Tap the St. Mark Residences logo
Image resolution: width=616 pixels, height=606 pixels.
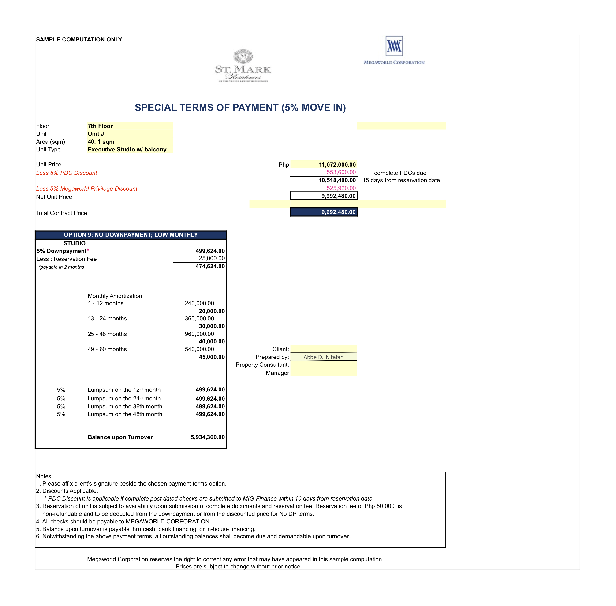(x=243, y=66)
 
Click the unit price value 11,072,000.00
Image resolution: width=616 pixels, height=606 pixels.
(x=337, y=165)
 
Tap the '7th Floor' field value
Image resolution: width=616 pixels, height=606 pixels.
(x=100, y=126)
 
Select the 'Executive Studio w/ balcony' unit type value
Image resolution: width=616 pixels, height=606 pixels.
(x=127, y=150)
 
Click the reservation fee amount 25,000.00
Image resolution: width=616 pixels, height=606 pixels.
(x=212, y=258)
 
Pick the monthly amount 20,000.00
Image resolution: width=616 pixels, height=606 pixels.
(x=212, y=311)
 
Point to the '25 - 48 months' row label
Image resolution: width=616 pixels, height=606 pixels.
(x=107, y=334)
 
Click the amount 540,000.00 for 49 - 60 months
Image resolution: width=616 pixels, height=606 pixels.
(x=199, y=349)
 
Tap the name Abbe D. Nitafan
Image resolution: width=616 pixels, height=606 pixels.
(x=323, y=357)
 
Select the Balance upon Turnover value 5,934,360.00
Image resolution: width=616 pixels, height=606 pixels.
(x=207, y=437)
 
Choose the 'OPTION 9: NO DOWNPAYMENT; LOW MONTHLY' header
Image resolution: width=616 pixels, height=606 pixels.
(x=131, y=235)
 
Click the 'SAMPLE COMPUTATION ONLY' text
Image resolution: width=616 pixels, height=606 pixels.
(x=79, y=39)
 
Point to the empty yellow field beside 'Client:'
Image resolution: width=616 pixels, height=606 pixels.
(x=324, y=349)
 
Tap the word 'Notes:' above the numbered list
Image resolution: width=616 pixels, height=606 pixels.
(x=44, y=476)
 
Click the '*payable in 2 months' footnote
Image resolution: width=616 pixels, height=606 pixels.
(x=61, y=267)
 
